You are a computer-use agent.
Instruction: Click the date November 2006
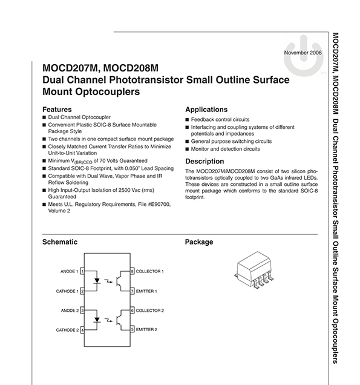[303, 53]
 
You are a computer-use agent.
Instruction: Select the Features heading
[57, 109]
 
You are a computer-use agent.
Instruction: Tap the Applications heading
[206, 110]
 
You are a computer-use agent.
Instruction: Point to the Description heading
[205, 161]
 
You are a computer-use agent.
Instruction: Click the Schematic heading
[60, 242]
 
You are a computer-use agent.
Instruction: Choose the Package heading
[199, 242]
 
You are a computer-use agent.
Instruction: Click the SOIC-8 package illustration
[254, 269]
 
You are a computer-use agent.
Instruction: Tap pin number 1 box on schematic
[82, 271]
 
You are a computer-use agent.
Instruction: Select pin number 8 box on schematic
[133, 271]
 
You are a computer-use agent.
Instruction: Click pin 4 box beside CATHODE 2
[82, 330]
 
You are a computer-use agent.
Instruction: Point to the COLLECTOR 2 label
[150, 311]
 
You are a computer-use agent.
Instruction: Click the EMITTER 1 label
[146, 291]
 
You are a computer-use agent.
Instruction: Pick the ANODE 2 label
[70, 311]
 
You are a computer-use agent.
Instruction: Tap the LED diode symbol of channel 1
[97, 281]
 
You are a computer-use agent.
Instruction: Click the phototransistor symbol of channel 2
[120, 320]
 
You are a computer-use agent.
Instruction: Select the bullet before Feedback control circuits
[187, 120]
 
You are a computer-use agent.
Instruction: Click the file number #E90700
[159, 204]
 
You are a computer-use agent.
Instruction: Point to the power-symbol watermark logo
[304, 56]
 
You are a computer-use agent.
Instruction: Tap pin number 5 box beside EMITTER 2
[133, 329]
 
